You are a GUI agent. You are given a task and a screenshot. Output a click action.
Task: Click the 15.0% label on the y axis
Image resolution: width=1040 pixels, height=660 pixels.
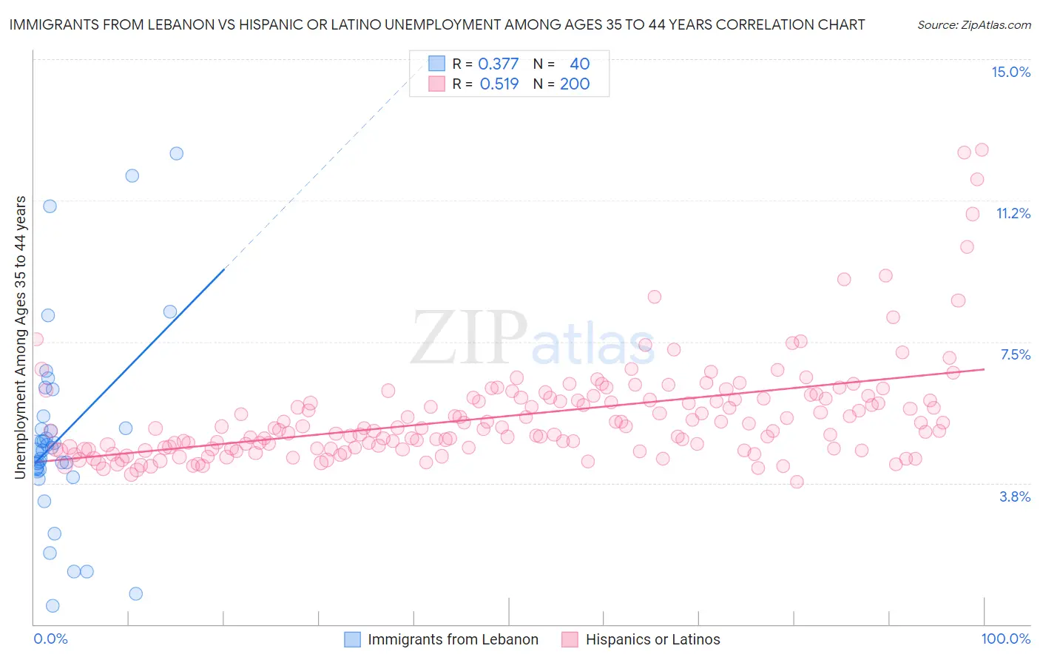(x=1010, y=72)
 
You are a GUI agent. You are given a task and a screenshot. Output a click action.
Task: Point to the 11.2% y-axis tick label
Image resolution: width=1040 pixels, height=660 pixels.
(x=1013, y=213)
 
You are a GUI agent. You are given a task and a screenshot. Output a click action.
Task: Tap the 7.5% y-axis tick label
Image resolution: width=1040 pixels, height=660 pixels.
(x=1015, y=354)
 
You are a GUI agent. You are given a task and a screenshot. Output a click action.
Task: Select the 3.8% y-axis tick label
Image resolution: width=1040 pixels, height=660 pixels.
(x=1015, y=496)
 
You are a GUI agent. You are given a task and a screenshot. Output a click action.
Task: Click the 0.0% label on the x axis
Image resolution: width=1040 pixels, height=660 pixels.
(x=50, y=639)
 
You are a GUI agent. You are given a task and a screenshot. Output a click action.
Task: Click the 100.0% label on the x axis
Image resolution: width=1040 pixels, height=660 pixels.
(x=1005, y=639)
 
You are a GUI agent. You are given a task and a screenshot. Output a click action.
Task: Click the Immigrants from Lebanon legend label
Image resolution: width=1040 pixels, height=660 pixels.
(x=453, y=639)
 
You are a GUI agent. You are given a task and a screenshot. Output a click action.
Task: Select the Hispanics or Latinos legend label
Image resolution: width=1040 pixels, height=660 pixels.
(x=652, y=639)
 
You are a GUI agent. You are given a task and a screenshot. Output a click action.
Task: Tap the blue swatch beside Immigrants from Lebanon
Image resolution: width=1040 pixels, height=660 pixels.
(x=353, y=639)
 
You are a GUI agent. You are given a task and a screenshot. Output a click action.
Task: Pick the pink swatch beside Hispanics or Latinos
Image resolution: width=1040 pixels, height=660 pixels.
(x=570, y=639)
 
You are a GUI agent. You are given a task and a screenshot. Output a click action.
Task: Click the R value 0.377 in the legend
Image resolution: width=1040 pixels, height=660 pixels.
(x=499, y=64)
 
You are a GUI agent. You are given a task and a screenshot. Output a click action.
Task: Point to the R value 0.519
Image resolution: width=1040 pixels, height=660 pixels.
(x=499, y=84)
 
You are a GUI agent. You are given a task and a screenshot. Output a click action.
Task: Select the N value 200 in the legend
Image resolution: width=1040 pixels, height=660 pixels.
(x=575, y=84)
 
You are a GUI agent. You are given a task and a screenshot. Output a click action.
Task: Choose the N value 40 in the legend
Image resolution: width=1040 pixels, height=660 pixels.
(x=579, y=64)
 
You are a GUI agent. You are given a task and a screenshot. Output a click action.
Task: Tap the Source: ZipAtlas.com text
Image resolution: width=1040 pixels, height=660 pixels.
(x=973, y=24)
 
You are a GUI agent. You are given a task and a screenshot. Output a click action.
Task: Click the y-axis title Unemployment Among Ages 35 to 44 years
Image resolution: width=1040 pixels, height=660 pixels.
(x=20, y=337)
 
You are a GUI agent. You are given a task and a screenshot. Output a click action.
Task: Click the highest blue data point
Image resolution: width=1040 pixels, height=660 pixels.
(x=176, y=153)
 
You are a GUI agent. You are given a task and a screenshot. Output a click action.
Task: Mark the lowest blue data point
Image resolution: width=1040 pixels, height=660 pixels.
(x=53, y=606)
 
